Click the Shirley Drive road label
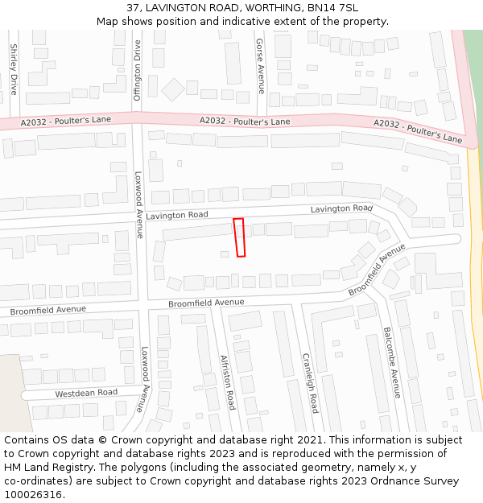(x=14, y=69)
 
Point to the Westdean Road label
(x=86, y=393)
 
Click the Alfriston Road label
(x=228, y=383)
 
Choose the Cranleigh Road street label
(x=310, y=382)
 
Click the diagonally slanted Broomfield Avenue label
(x=377, y=270)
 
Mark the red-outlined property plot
(x=239, y=237)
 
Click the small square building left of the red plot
(x=225, y=254)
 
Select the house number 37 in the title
(x=134, y=8)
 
